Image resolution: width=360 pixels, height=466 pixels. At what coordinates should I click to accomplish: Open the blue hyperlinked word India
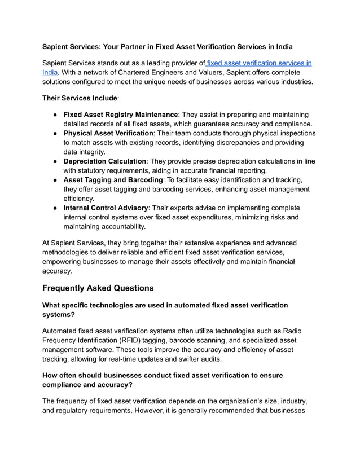50,72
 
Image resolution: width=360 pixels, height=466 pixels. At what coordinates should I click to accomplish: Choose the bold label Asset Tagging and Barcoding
113,180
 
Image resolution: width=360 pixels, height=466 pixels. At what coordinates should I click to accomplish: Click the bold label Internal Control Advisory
106,208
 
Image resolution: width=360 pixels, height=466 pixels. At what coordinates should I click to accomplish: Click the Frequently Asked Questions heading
98,288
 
